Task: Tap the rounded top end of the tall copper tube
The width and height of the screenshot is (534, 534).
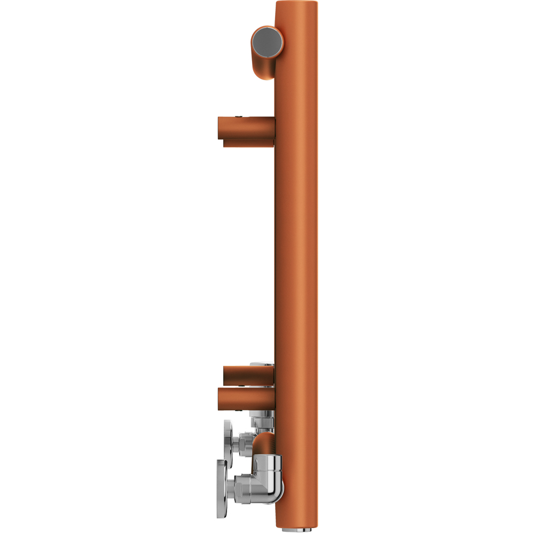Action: [297, 6]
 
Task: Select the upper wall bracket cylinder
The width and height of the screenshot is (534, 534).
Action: [245, 128]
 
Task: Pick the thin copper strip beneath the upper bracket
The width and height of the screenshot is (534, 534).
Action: [249, 143]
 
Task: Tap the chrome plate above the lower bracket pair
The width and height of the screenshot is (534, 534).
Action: [263, 365]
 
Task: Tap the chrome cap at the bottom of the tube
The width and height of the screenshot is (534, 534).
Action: [297, 528]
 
